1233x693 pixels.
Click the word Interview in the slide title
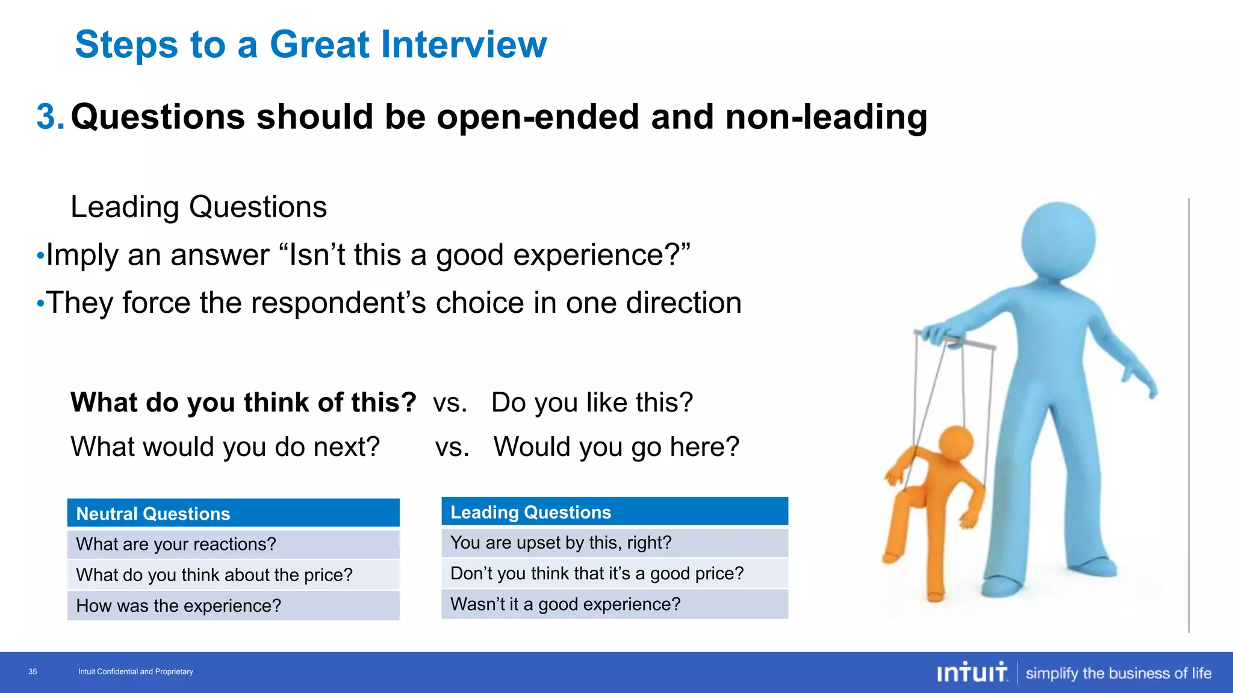pos(464,45)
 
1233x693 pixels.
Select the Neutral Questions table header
pos(233,513)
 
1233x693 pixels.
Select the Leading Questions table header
pos(614,512)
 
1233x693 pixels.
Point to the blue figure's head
pos(1058,239)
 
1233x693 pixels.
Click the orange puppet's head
pos(956,444)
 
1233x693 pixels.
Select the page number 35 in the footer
pos(33,672)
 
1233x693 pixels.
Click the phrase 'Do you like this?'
pos(592,402)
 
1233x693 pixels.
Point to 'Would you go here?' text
pos(616,447)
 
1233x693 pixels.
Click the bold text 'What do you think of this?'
pos(243,402)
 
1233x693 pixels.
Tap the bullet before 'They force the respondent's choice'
pos(40,303)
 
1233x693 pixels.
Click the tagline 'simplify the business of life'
pos(1118,673)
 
